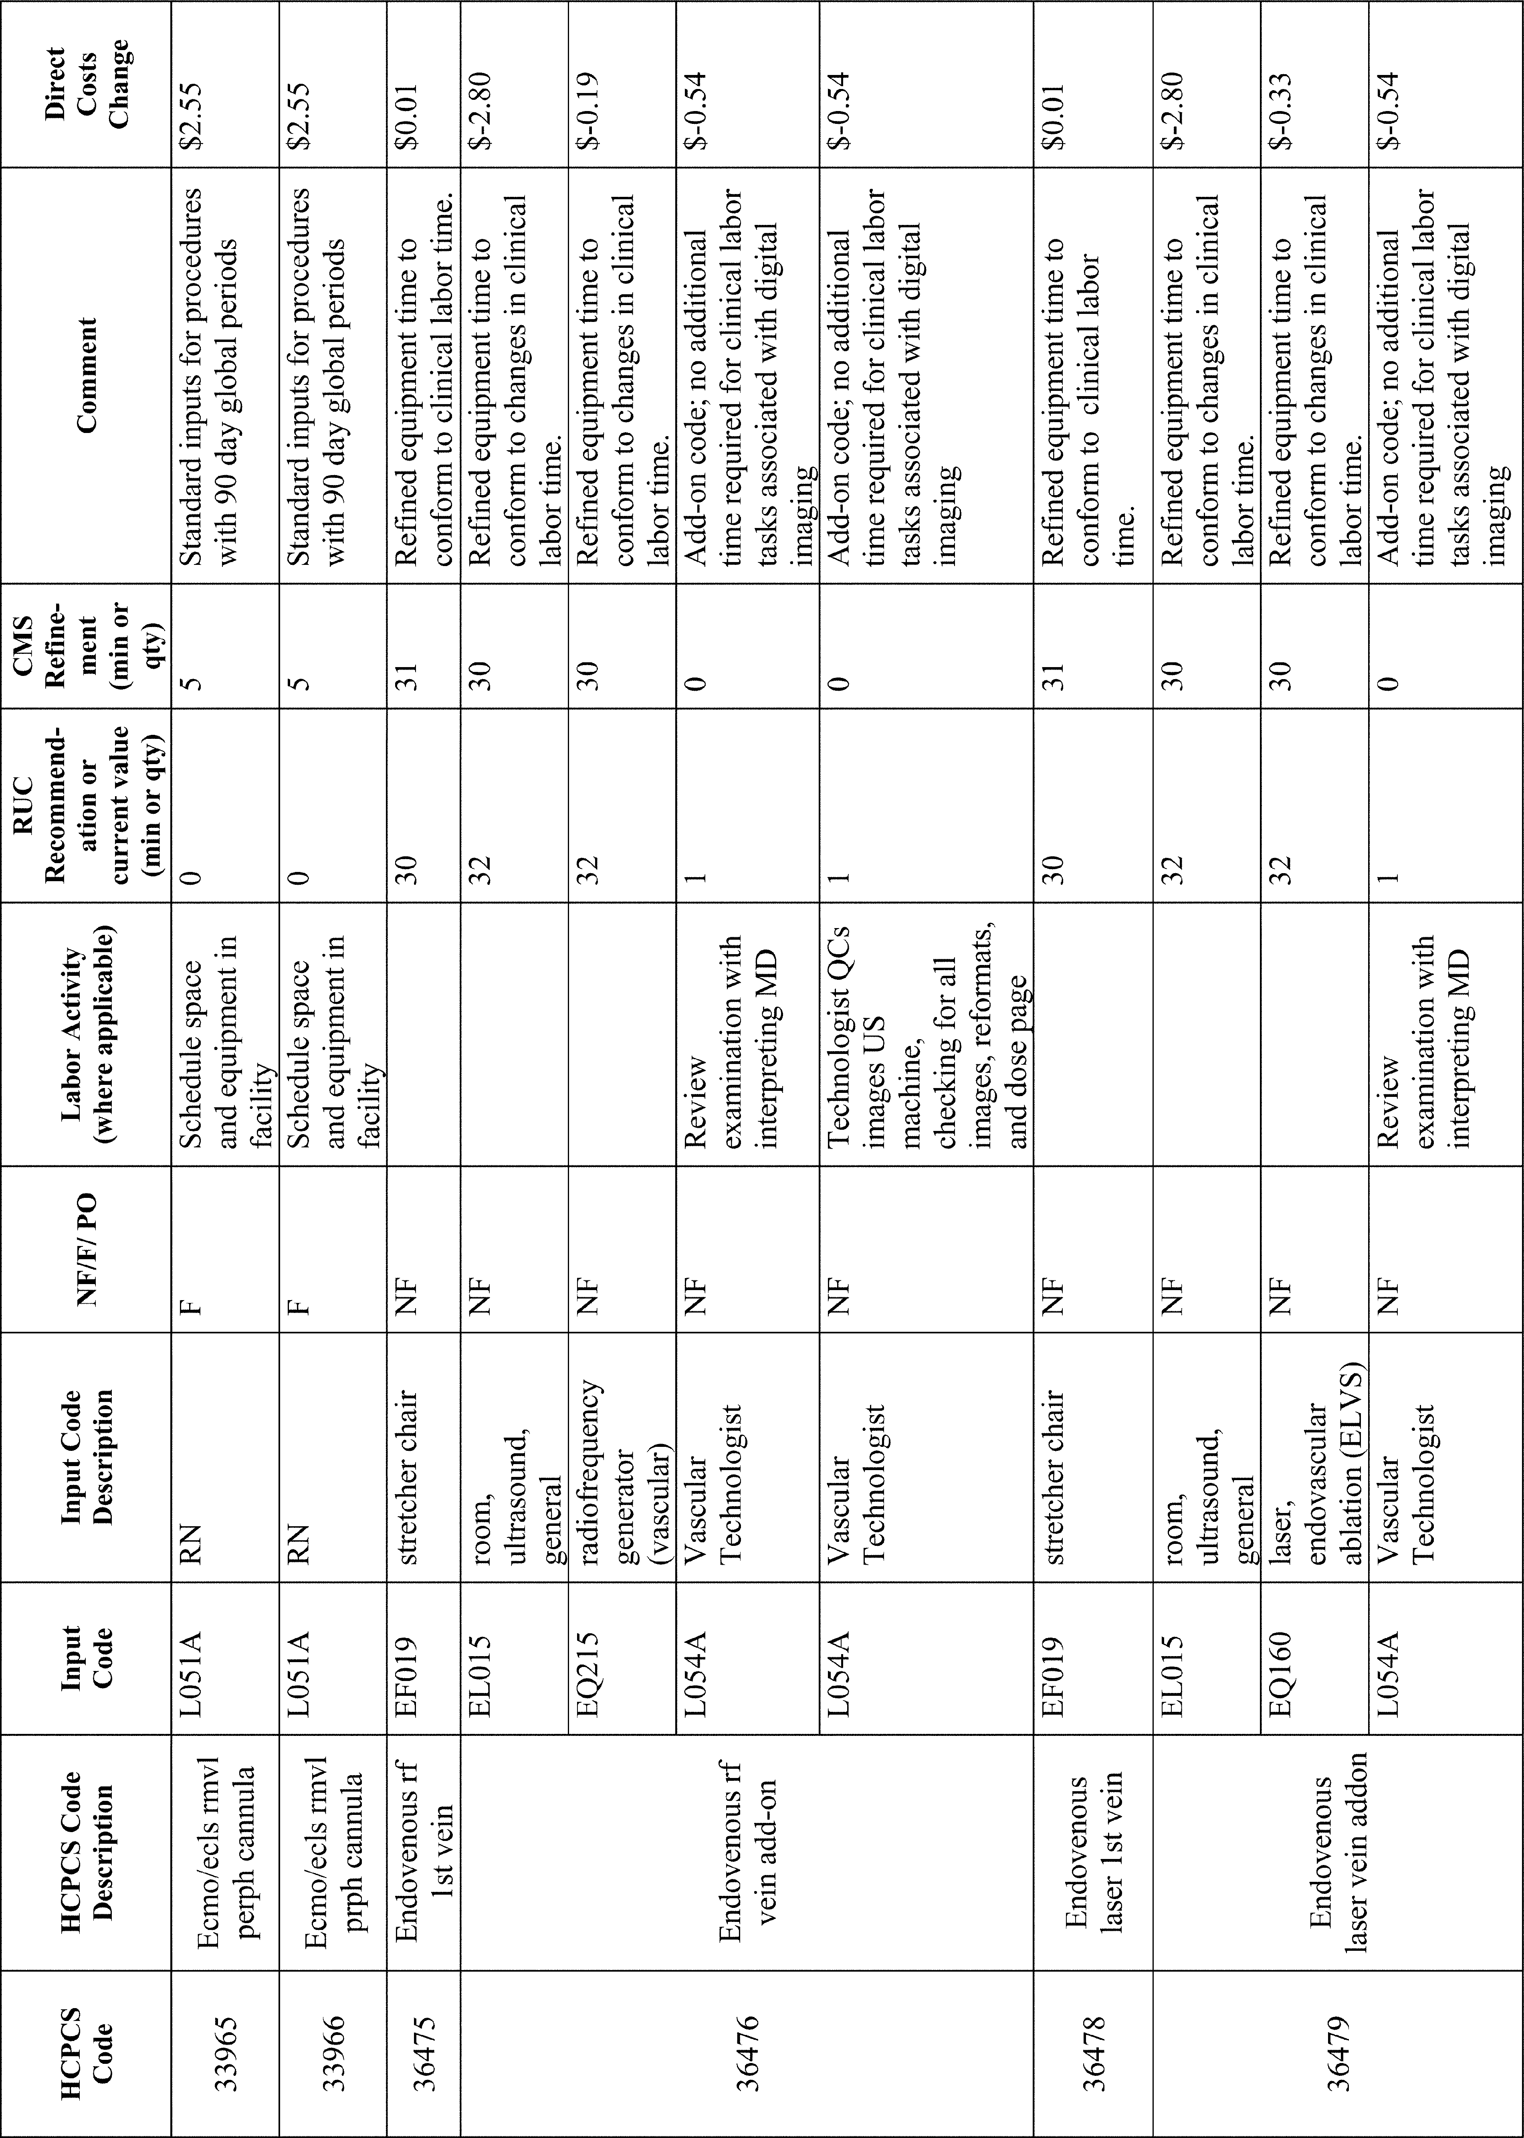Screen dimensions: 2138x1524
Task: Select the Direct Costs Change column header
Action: tap(86, 86)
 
